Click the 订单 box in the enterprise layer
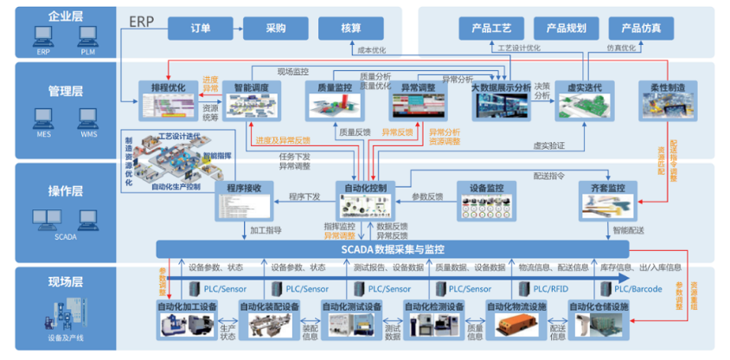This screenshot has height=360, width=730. [201, 28]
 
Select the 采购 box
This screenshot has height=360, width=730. [276, 28]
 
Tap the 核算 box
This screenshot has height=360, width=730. [351, 28]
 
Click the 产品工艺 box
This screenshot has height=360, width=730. [492, 28]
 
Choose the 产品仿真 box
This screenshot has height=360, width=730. [640, 28]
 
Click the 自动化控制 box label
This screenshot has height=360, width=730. [370, 187]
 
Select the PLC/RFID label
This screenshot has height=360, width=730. [551, 289]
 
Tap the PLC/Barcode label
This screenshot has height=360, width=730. [637, 289]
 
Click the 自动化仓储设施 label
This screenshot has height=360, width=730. [599, 306]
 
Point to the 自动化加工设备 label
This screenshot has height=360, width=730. [186, 306]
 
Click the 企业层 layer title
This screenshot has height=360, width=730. [64, 16]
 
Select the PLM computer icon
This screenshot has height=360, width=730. [88, 35]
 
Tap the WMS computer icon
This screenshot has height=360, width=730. [88, 118]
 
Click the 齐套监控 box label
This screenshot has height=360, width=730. [609, 188]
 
